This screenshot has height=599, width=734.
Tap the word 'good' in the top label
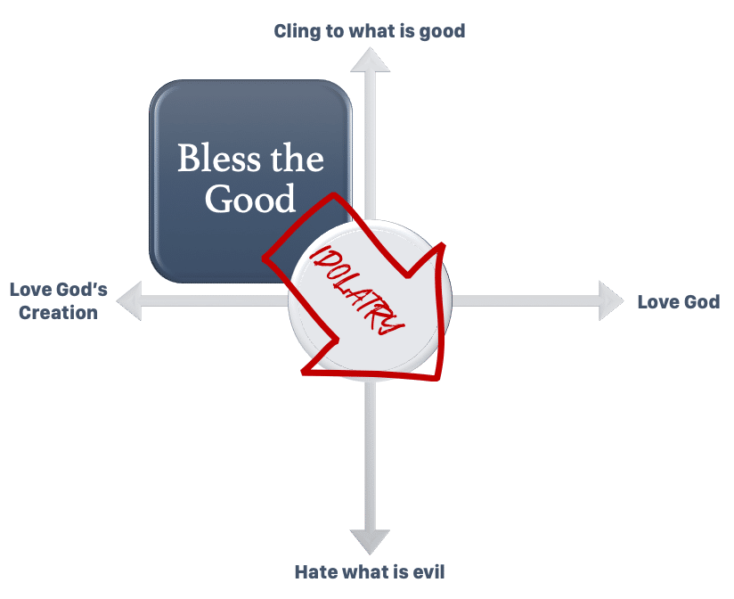(442, 31)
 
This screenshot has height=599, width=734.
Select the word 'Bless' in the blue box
(216, 159)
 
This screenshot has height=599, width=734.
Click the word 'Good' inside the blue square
(250, 199)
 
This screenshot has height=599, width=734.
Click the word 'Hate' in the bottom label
(316, 571)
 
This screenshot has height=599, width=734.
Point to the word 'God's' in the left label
(82, 290)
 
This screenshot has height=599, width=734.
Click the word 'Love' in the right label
(657, 302)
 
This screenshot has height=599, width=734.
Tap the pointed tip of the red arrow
(440, 378)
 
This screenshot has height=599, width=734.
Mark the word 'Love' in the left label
(29, 290)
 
